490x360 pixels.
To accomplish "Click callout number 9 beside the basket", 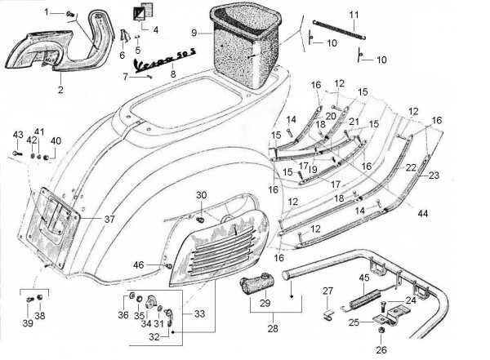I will click(x=194, y=33).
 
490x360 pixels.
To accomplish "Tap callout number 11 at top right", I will click(x=353, y=15).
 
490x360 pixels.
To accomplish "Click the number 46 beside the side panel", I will click(x=139, y=264).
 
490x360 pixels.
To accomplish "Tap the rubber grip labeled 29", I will click(x=256, y=287).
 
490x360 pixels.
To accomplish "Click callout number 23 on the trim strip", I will click(x=434, y=174).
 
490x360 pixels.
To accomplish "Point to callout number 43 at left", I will click(x=18, y=134).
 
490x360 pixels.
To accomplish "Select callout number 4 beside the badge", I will click(x=155, y=29).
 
